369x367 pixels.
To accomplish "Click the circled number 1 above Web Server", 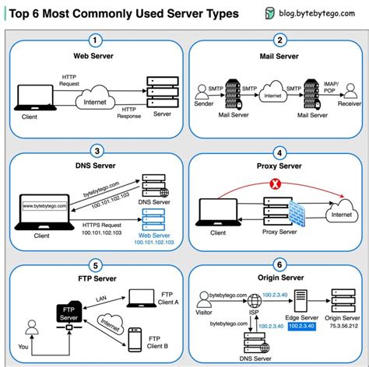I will coord(95,40).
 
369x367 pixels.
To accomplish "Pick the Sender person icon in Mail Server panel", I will coord(204,92).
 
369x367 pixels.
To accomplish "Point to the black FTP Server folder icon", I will coord(69,313).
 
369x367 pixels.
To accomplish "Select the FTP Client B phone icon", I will coord(134,339).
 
